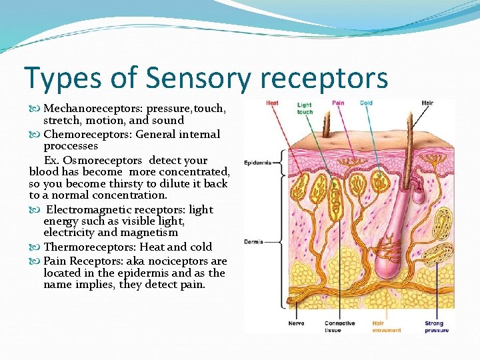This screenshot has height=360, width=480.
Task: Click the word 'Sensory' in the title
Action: coord(198,78)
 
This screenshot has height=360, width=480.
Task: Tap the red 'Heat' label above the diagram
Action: coord(272,103)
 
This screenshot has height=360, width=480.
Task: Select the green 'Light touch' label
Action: coord(305,108)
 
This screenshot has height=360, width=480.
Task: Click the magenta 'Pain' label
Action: coord(338,103)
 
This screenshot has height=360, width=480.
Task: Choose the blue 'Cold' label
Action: coord(366,103)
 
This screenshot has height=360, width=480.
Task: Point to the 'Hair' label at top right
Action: coord(427,103)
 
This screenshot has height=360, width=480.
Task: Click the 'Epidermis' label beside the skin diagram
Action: coord(257,163)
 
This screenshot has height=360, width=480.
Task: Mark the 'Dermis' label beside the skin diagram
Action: coord(253,241)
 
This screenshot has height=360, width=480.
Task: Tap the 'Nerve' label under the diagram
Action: coord(296,323)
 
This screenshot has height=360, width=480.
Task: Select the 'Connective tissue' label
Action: coord(339,327)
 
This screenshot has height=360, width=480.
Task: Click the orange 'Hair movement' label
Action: coord(387,327)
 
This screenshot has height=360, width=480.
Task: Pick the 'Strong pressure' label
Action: coord(437,327)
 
